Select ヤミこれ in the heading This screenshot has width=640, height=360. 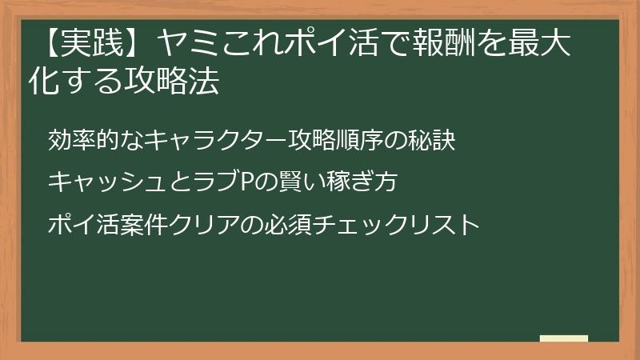[216, 46]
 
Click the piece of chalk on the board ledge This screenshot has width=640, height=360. [564, 338]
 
